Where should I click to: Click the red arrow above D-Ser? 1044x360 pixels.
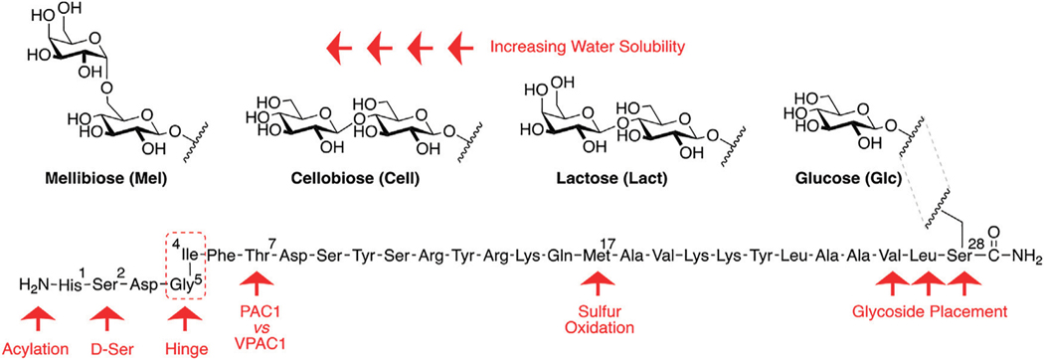(106, 320)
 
